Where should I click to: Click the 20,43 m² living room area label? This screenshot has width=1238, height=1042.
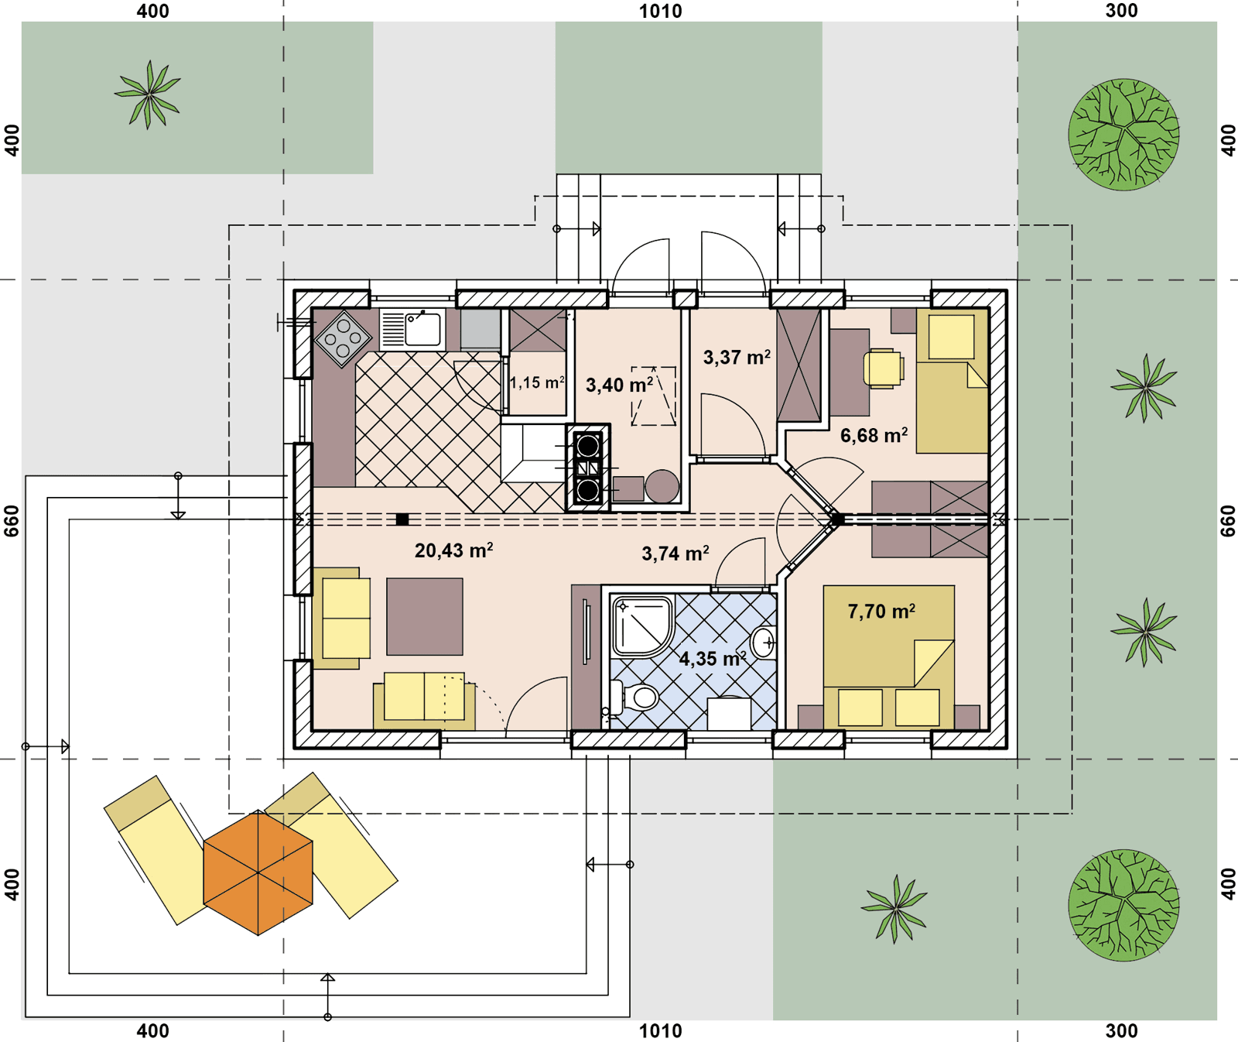point(453,550)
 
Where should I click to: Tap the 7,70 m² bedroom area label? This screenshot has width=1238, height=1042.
point(881,612)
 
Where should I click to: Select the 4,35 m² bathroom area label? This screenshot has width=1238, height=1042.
point(712,659)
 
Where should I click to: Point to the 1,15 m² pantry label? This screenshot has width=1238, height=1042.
point(537,382)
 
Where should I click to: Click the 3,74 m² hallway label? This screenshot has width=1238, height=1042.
point(675,553)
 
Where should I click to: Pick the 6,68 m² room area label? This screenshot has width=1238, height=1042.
point(874,435)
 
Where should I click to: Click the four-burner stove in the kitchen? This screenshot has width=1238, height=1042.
point(344,338)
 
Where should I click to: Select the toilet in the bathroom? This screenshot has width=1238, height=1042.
point(634,698)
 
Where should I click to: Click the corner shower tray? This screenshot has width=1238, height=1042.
point(641,626)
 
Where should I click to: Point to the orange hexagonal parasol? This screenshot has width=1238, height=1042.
point(258,872)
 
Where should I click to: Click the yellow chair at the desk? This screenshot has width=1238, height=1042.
point(883,368)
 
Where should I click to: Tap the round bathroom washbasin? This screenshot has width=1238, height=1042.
point(764,642)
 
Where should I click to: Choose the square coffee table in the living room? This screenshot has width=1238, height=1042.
point(425,616)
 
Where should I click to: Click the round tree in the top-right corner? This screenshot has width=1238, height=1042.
point(1123,135)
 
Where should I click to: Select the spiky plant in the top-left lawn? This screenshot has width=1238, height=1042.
point(148,94)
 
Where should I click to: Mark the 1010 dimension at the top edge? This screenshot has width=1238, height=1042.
point(661,11)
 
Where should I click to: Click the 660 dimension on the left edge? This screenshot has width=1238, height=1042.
point(12,521)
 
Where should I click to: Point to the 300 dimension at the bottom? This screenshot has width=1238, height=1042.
point(1121,1030)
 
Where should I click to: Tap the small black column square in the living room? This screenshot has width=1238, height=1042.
point(402,519)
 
